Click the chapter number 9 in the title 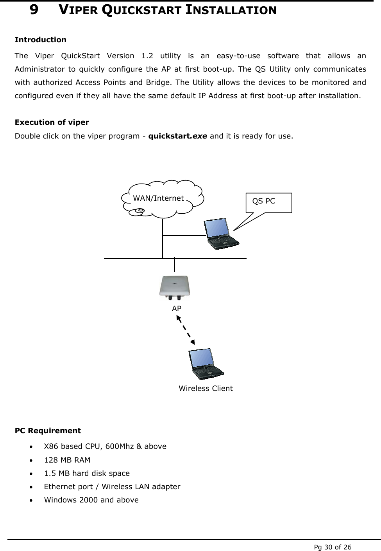(x=34, y=10)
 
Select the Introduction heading (x=40, y=40)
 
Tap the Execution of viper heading (x=52, y=122)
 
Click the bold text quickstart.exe (x=178, y=136)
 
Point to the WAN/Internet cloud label (x=158, y=198)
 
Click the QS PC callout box (x=268, y=202)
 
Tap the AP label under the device (x=177, y=309)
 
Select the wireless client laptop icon (x=206, y=364)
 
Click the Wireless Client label (x=206, y=389)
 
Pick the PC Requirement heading (x=48, y=430)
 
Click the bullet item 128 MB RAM (x=67, y=460)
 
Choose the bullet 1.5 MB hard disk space (x=87, y=473)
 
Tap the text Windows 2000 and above (x=91, y=500)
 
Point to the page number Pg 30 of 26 (x=333, y=547)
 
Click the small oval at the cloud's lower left (x=138, y=211)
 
